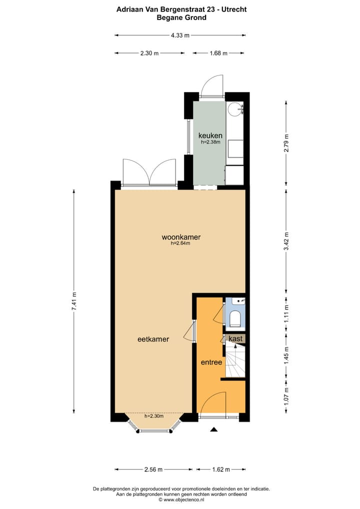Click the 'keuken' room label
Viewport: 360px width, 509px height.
click(210, 135)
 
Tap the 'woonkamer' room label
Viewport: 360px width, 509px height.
click(177, 237)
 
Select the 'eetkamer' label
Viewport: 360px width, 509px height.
click(153, 339)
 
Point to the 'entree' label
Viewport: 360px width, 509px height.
click(211, 362)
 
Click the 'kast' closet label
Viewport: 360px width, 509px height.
click(235, 338)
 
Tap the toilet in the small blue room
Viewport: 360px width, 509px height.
click(235, 318)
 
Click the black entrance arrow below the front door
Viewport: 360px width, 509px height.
click(214, 429)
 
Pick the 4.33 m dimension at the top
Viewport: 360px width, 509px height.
click(180, 35)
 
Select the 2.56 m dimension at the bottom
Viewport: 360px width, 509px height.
click(153, 469)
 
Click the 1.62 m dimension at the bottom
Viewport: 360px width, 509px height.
click(220, 469)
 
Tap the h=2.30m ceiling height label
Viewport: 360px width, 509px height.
click(154, 416)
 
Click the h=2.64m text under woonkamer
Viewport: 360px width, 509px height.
click(180, 244)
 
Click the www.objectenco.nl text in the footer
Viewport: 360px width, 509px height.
click(182, 499)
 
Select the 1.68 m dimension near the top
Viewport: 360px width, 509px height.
click(218, 53)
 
